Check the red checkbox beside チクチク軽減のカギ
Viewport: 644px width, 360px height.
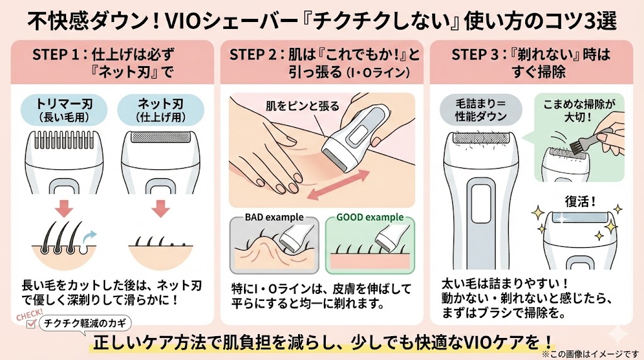tap(30, 325)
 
